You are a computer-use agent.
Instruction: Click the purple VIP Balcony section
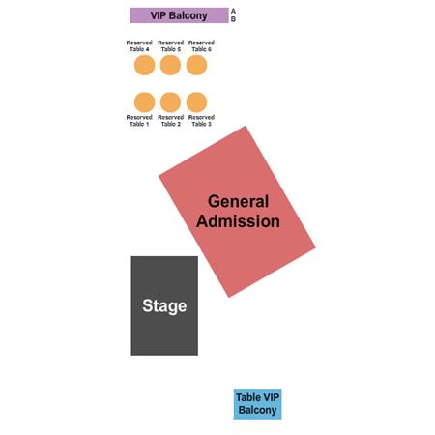[x=179, y=15]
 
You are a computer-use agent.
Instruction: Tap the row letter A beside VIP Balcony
[x=233, y=12]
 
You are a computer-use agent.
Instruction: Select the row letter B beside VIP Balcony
[x=233, y=19]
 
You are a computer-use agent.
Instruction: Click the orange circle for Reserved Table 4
[x=144, y=65]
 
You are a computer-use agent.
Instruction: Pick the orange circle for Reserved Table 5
[x=170, y=65]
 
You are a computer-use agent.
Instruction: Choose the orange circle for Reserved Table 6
[x=196, y=65]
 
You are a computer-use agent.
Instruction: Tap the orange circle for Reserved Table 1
[x=144, y=102]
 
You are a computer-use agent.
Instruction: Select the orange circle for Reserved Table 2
[x=170, y=102]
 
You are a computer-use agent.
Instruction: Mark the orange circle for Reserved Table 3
[x=196, y=102]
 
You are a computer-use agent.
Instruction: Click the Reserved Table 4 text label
[x=139, y=46]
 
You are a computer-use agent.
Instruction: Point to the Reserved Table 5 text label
[x=171, y=46]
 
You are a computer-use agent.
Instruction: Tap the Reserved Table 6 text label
[x=201, y=46]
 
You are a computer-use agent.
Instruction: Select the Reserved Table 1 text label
[x=139, y=121]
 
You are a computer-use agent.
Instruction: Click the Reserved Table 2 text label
[x=171, y=121]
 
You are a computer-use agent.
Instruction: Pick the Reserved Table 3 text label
[x=201, y=121]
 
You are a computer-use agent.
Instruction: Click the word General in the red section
[x=238, y=201]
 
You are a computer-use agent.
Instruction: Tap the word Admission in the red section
[x=238, y=221]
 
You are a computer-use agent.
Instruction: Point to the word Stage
[x=164, y=306]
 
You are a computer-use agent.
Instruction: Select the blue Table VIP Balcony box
[x=257, y=404]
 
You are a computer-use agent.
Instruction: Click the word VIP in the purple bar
[x=159, y=15]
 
